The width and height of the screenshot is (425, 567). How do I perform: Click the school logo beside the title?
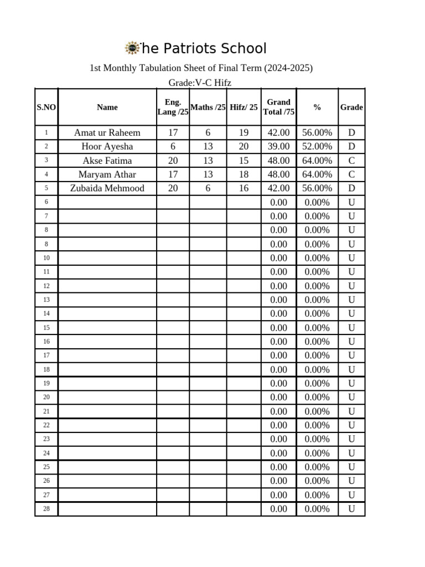(132, 48)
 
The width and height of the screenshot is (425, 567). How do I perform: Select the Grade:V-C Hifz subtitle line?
(200, 83)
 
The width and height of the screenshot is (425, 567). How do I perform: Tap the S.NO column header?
(46, 107)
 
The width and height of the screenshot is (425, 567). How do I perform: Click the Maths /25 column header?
(208, 107)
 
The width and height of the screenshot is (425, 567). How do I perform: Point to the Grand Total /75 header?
(279, 107)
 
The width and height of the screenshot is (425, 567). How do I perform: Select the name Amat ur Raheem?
(107, 133)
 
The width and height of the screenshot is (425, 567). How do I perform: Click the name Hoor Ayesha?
(107, 147)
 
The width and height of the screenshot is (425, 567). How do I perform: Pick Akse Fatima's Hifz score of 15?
(244, 161)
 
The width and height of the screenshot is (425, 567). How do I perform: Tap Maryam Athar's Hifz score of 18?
(244, 174)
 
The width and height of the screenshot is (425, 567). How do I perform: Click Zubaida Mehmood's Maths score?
(208, 188)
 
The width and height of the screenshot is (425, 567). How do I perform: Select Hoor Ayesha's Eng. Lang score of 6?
(173, 147)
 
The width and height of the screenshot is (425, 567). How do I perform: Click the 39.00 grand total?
(279, 147)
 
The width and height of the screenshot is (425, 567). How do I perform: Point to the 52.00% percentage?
(317, 147)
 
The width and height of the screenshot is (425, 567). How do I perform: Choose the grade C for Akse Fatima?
(351, 161)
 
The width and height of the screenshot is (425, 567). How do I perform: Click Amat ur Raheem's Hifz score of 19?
(244, 133)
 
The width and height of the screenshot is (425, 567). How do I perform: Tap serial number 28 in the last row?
(46, 509)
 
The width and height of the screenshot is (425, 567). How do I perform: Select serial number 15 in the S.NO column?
(46, 328)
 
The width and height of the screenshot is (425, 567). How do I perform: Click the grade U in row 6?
(351, 203)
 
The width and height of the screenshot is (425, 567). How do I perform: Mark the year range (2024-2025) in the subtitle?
(288, 68)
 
